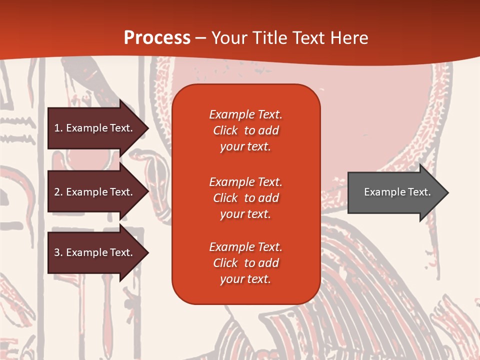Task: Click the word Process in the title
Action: [157, 38]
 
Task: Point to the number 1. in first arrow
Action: [58, 128]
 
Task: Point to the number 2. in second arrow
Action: [58, 192]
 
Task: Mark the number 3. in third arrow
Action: [58, 252]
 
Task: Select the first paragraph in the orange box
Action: [245, 130]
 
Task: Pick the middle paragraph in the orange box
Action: [245, 198]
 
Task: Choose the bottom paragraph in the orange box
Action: [245, 263]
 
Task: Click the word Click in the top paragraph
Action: [225, 130]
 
